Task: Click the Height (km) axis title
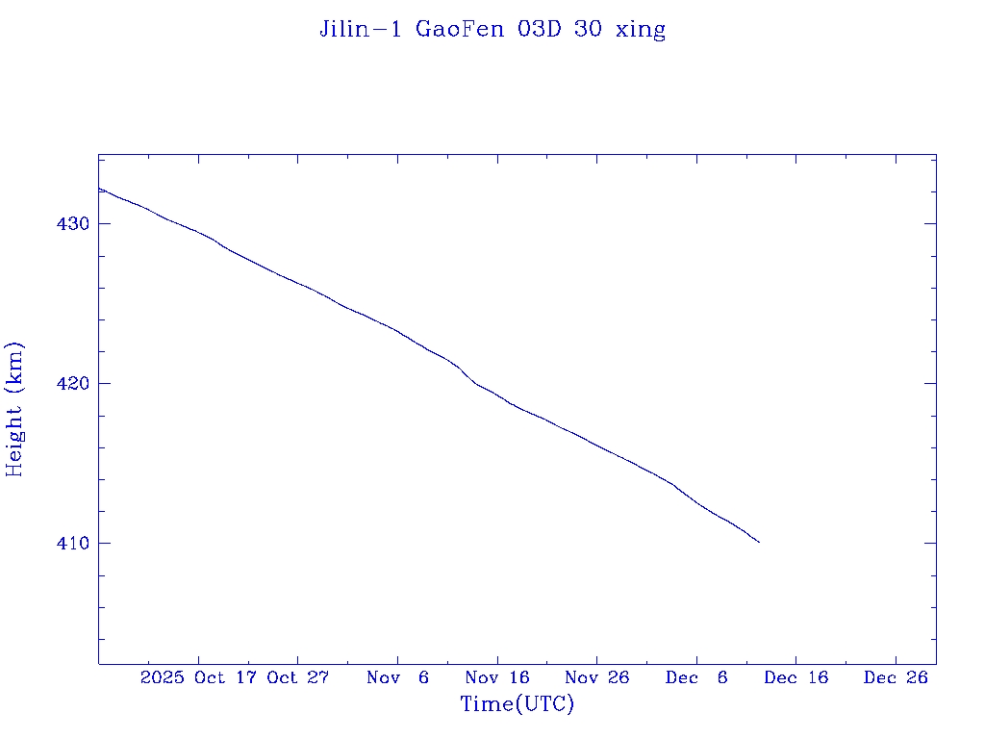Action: (14, 409)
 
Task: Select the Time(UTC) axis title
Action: (517, 704)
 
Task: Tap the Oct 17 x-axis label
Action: (227, 677)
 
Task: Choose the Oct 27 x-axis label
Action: (298, 677)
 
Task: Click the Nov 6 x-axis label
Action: (397, 677)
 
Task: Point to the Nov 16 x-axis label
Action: (497, 677)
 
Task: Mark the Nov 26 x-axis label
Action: (596, 677)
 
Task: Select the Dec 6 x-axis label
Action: (696, 677)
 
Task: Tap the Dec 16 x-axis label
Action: (796, 677)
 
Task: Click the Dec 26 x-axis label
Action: (896, 677)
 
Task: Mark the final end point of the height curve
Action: (759, 542)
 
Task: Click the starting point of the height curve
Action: (99, 189)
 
